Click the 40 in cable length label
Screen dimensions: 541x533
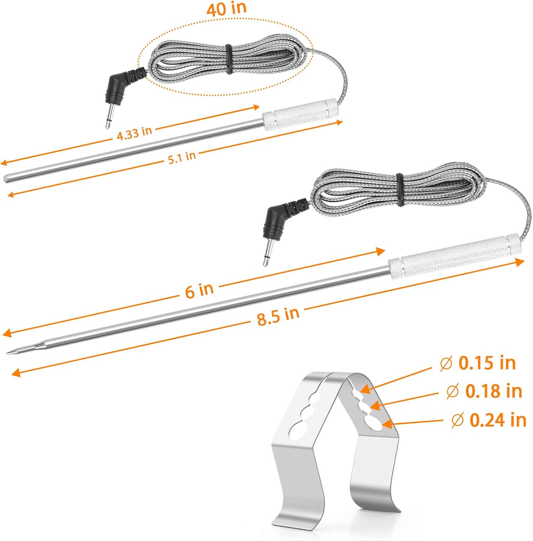(x=226, y=9)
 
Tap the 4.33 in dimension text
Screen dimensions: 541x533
(x=134, y=133)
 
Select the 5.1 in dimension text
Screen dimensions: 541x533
(x=182, y=158)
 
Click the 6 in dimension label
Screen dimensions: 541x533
(x=199, y=290)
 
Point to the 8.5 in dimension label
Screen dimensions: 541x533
(x=278, y=316)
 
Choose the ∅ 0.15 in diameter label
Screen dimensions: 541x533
(x=478, y=363)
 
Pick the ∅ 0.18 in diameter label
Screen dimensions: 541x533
(x=484, y=391)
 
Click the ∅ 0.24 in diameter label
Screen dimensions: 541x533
(x=489, y=420)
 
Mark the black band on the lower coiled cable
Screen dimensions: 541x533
(x=399, y=190)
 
